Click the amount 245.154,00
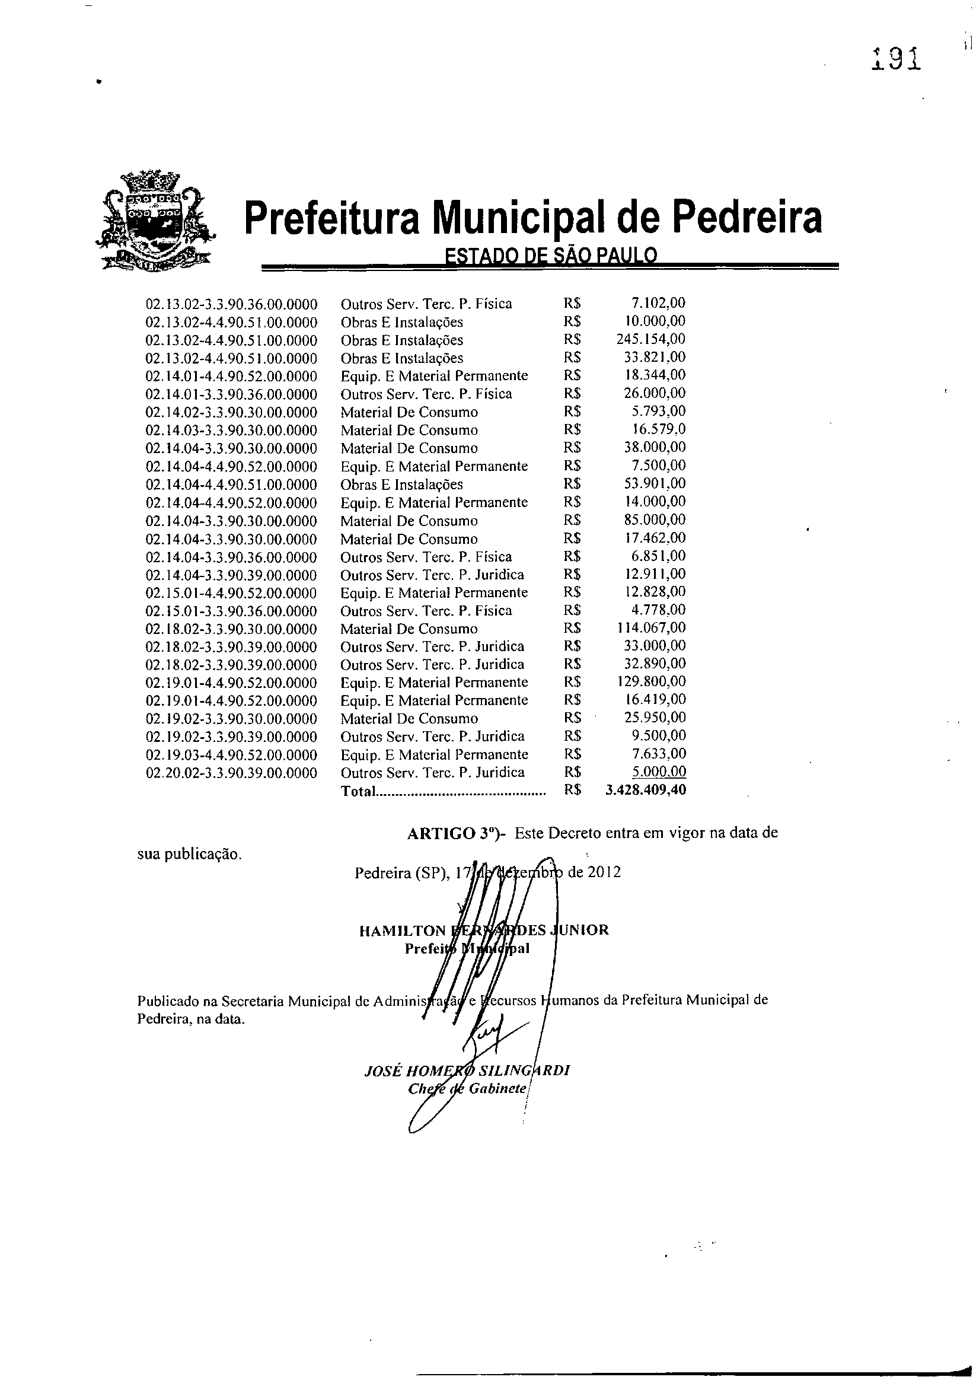point(651,339)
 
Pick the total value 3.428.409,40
point(645,790)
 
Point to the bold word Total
point(358,791)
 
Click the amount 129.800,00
point(651,681)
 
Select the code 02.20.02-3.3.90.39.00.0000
point(231,772)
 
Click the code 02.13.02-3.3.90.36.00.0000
point(231,304)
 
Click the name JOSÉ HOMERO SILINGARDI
point(467,1070)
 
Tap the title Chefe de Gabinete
point(467,1088)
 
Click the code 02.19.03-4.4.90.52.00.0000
point(231,754)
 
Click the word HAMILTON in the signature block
point(401,930)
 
